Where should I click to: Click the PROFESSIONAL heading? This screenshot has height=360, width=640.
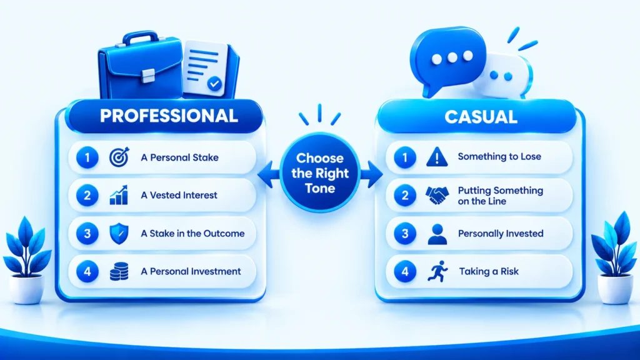[x=169, y=116]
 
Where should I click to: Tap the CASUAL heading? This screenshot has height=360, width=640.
[x=481, y=117]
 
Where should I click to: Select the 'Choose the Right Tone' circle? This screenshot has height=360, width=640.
[x=320, y=173]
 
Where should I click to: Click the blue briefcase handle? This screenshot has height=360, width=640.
[x=141, y=37]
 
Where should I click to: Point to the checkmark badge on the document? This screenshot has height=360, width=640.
[x=214, y=84]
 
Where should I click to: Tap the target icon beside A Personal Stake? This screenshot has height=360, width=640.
[x=119, y=157]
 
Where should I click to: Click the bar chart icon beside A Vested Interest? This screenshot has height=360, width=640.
[x=119, y=195]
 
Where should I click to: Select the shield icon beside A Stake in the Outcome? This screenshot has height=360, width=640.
[x=119, y=234]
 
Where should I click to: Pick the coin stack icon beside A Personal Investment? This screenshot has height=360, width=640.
[x=119, y=271]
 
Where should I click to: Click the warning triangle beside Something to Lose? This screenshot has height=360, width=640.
[x=437, y=157]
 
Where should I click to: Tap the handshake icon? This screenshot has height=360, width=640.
[x=437, y=195]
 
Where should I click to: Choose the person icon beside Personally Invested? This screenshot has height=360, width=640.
[x=437, y=234]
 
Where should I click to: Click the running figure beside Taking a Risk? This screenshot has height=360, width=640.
[x=437, y=271]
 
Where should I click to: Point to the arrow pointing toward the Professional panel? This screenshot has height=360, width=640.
[x=268, y=174]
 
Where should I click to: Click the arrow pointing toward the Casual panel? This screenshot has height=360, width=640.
[x=372, y=174]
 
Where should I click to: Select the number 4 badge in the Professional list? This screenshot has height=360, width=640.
[x=87, y=271]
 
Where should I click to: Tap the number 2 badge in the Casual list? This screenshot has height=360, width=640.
[x=405, y=196]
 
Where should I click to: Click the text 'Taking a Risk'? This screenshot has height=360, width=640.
[x=489, y=271]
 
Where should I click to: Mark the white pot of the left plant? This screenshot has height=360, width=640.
[x=27, y=289]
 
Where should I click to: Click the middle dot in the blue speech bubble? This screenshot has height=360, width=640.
[x=452, y=57]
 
